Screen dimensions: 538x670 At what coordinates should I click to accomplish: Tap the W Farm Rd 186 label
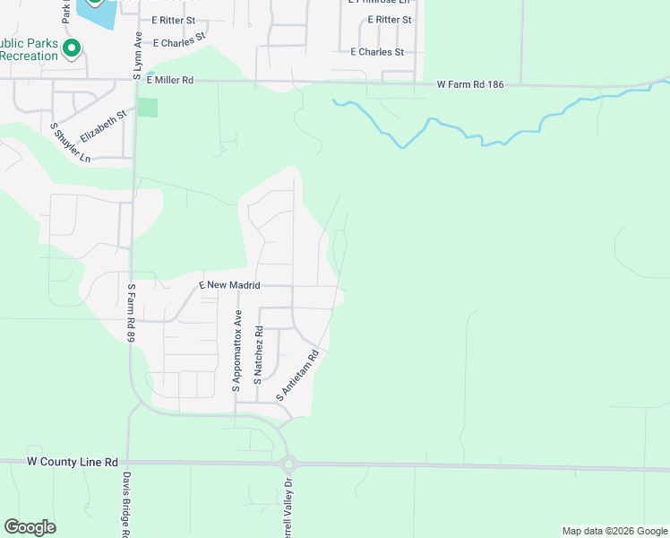click(x=471, y=85)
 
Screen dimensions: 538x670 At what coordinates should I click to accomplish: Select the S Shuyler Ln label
click(x=71, y=143)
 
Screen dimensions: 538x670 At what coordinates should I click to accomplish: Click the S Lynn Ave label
click(x=138, y=56)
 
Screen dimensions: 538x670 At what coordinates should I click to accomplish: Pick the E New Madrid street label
click(x=229, y=285)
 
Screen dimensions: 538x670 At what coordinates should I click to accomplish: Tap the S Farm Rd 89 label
click(x=131, y=313)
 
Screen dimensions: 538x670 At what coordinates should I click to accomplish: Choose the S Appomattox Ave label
click(x=237, y=351)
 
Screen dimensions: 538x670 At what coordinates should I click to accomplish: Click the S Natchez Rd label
click(x=258, y=356)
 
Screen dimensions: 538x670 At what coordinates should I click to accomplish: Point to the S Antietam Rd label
click(x=300, y=376)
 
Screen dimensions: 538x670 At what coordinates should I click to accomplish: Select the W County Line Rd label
click(x=73, y=462)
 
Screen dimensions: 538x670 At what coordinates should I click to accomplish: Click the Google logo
click(x=30, y=527)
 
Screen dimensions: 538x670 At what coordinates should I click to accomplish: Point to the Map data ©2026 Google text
click(x=614, y=531)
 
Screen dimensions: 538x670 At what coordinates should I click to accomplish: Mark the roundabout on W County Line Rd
click(x=288, y=464)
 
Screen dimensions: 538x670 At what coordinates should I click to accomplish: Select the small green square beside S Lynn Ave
click(x=148, y=108)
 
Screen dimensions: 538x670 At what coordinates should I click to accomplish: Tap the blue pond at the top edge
click(x=97, y=12)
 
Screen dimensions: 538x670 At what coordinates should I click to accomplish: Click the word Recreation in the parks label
click(x=30, y=56)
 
